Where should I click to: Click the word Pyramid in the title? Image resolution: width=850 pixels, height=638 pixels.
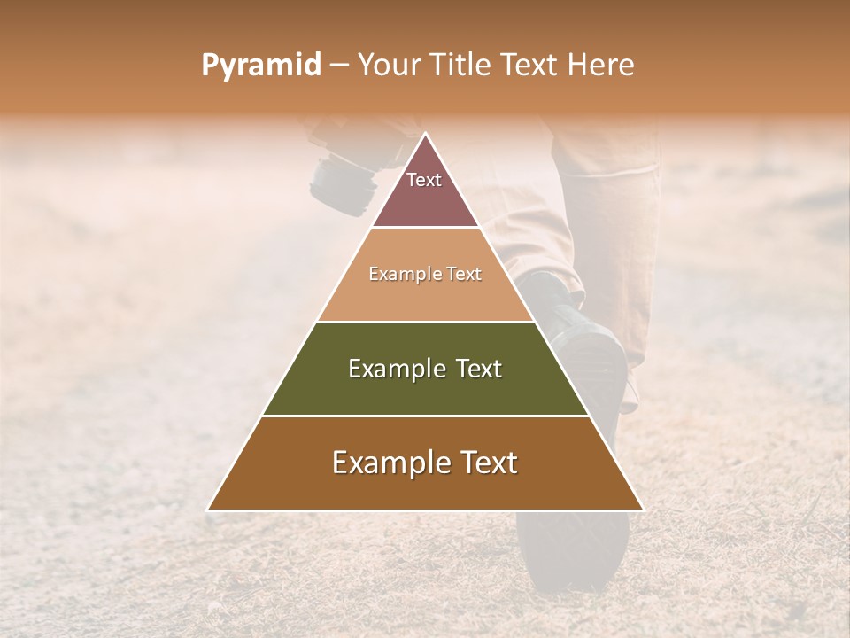[x=261, y=65]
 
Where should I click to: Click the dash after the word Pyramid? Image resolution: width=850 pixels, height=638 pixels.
[x=339, y=66]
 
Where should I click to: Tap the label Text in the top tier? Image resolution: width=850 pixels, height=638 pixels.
[x=424, y=180]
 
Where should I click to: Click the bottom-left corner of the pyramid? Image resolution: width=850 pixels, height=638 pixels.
[x=209, y=509]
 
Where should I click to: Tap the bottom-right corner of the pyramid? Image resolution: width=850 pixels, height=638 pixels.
[x=641, y=509]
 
